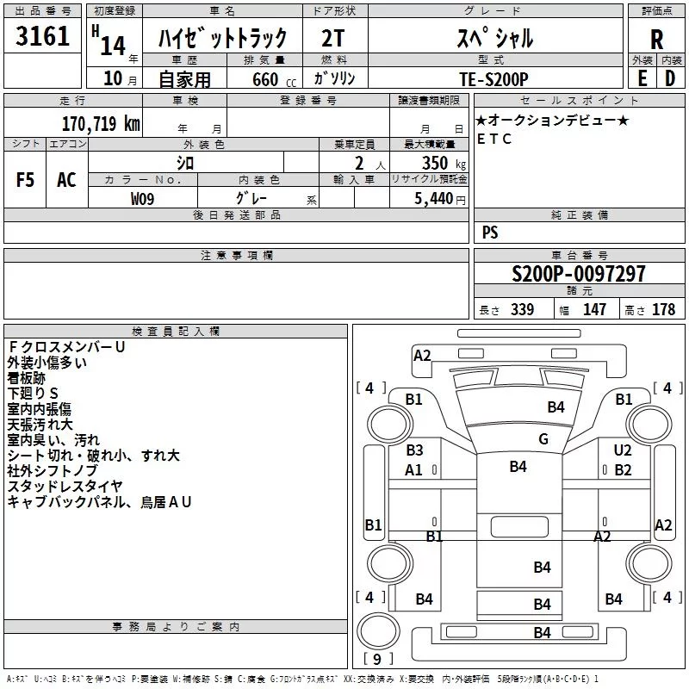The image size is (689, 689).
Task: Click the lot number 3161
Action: [42, 35]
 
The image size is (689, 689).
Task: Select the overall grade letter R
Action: [656, 40]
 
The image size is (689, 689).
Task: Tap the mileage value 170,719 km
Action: [101, 123]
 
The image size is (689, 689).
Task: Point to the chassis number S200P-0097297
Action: [579, 274]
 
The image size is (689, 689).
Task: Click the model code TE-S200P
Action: [493, 79]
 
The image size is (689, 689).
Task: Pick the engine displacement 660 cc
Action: [274, 79]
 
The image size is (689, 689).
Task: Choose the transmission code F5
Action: [25, 180]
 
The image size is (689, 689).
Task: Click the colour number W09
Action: [142, 199]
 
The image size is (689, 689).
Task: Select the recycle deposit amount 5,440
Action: [434, 199]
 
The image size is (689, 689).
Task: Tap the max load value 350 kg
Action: [444, 163]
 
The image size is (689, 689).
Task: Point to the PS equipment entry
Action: [490, 232]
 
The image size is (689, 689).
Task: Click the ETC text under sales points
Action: [494, 139]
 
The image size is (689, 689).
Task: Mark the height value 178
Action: [663, 309]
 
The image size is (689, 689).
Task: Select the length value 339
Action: [522, 309]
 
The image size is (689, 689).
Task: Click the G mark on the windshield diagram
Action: [543, 439]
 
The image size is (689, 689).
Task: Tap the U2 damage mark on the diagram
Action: [623, 450]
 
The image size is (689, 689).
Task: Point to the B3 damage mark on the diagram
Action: [414, 450]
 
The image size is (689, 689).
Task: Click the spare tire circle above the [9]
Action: [378, 631]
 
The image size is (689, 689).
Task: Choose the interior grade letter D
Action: [670, 78]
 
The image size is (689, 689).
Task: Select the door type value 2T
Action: [333, 39]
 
